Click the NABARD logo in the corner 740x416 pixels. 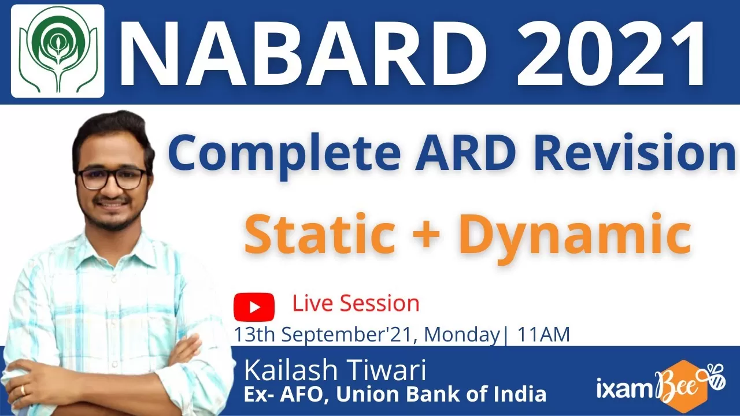(x=58, y=51)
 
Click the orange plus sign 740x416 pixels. (x=426, y=235)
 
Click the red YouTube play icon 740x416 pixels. (x=254, y=307)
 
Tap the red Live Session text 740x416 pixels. (x=356, y=303)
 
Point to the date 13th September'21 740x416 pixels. (x=323, y=335)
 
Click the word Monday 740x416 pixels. (x=462, y=335)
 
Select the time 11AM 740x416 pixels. (x=543, y=335)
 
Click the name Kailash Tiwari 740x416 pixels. (x=335, y=370)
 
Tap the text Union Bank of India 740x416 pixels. (x=441, y=394)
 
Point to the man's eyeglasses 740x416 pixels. (x=112, y=179)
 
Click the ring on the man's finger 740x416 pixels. (x=23, y=390)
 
